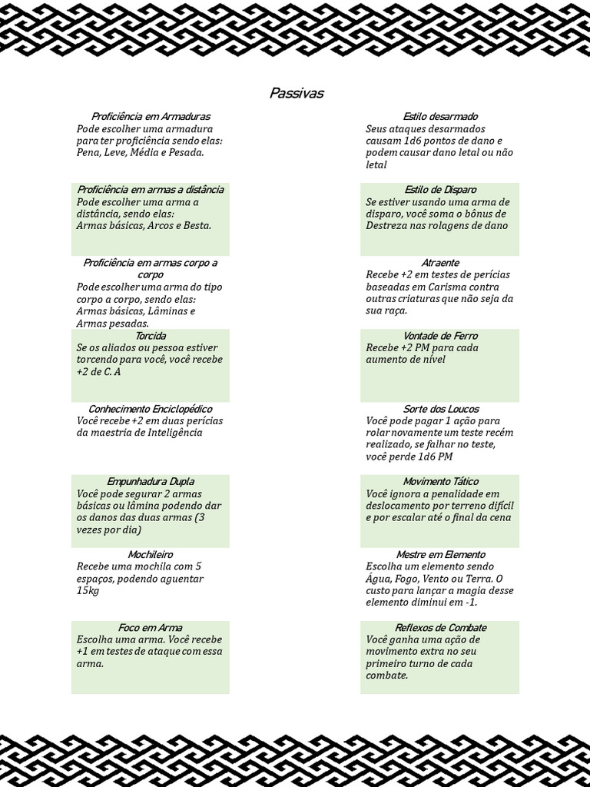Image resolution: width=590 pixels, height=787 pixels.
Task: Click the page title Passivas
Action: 297,94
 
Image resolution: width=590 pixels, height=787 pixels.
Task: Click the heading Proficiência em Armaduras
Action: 151,117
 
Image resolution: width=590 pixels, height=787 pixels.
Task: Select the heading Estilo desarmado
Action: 440,117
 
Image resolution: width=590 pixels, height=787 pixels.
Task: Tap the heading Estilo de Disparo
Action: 440,190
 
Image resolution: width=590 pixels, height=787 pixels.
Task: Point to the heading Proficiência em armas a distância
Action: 151,190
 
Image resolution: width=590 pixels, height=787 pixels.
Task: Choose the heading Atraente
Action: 440,263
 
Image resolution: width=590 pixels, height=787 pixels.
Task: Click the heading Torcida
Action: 151,336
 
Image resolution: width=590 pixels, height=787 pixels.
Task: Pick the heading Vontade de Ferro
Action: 440,336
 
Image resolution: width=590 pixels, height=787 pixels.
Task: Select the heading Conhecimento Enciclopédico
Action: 151,409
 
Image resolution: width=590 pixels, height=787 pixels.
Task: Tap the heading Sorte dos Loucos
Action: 440,409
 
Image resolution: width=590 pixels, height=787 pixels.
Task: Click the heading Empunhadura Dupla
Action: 151,482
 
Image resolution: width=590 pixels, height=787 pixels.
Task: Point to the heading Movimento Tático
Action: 440,482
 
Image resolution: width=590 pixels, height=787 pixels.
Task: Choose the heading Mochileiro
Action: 151,555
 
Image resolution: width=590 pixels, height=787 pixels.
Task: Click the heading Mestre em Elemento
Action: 440,555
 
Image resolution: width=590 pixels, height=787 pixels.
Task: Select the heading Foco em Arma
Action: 151,628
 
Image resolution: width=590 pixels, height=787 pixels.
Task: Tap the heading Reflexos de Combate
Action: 440,628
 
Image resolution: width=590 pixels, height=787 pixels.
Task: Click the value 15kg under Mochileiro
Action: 88,591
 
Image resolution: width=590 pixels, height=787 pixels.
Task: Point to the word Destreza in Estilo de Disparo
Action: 391,226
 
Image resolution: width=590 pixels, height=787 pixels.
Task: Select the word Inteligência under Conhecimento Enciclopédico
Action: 173,433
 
